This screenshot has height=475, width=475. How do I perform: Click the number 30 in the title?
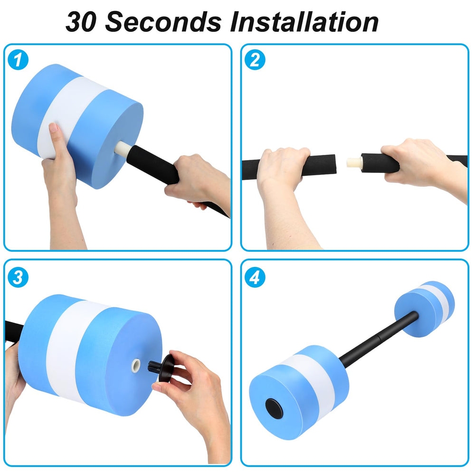(81, 22)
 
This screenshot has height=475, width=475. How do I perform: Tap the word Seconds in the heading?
(163, 22)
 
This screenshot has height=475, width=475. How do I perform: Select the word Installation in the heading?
(304, 22)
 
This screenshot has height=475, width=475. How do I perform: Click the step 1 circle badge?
(18, 60)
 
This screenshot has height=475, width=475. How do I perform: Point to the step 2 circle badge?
(255, 60)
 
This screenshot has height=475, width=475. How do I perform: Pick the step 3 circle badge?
(18, 277)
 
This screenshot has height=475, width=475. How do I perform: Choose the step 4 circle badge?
(255, 277)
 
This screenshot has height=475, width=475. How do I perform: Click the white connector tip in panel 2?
(354, 162)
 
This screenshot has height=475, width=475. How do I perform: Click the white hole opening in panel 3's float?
(136, 365)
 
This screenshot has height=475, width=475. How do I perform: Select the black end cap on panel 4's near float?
(274, 408)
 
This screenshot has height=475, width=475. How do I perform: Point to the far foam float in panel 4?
(424, 309)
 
